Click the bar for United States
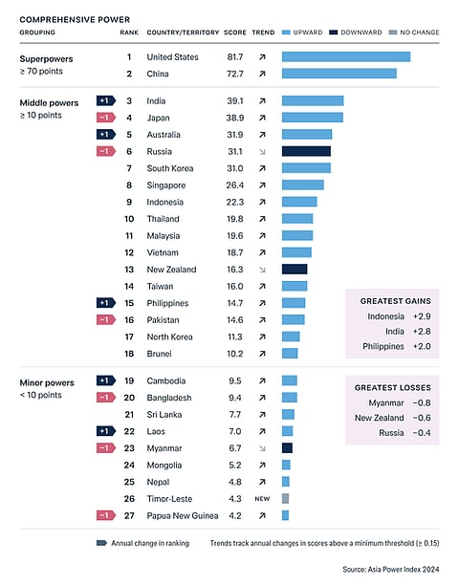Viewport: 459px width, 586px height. (345, 56)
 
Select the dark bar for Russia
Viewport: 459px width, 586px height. (306, 151)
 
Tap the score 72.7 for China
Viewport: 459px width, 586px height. (234, 74)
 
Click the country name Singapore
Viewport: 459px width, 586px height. (166, 185)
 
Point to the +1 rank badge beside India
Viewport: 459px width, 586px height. (106, 100)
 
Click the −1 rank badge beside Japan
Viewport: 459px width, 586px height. (106, 118)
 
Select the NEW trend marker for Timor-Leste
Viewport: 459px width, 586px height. (262, 498)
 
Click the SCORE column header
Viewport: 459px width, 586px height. (235, 32)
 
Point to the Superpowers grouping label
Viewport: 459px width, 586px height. (49, 57)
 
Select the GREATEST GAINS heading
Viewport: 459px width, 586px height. (392, 300)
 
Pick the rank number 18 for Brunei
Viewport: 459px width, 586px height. (128, 353)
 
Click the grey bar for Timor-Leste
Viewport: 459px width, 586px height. (285, 498)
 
